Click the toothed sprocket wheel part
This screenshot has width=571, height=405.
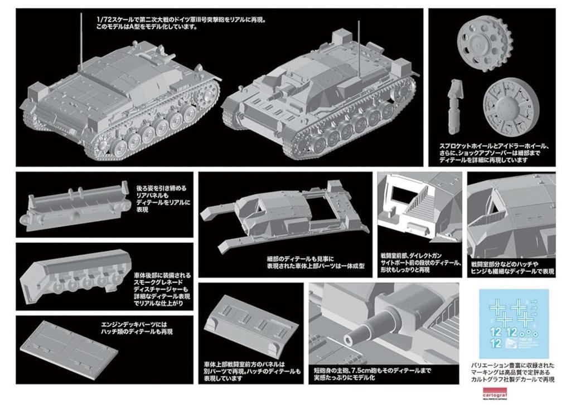[480, 43]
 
